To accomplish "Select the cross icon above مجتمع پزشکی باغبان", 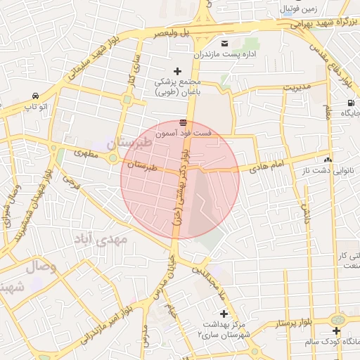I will [x=177, y=71].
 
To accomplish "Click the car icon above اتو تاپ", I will [x=34, y=96].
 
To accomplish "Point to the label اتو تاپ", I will [x=34, y=106].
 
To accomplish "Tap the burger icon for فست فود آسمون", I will [x=184, y=122].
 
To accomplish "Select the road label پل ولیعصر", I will [x=164, y=32].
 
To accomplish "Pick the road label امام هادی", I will [x=267, y=167].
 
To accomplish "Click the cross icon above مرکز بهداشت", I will [x=224, y=314].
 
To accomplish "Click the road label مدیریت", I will [x=296, y=87].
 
